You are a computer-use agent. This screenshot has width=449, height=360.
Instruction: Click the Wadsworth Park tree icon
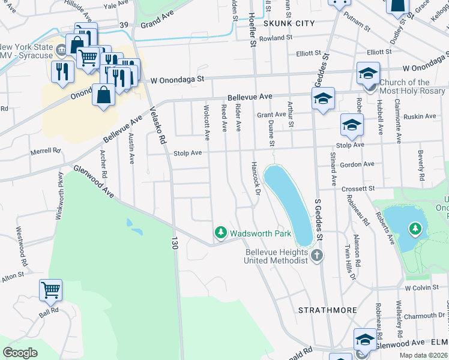click(x=221, y=233)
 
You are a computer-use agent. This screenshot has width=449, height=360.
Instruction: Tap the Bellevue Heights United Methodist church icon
click(x=317, y=257)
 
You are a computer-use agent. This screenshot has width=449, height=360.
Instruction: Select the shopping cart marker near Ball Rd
click(x=51, y=290)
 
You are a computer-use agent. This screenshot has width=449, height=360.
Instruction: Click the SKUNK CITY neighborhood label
click(x=289, y=23)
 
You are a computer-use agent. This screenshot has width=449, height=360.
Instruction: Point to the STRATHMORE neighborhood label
click(x=328, y=310)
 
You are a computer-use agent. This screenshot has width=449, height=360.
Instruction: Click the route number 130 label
click(x=175, y=243)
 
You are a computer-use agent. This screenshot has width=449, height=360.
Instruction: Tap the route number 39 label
click(x=124, y=25)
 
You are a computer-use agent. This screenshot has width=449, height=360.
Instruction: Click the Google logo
click(x=20, y=353)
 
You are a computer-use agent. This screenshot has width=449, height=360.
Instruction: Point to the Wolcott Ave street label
click(x=206, y=123)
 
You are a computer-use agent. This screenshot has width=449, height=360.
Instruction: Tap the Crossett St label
click(x=358, y=188)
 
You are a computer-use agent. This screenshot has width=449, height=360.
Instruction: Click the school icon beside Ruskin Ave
click(x=352, y=125)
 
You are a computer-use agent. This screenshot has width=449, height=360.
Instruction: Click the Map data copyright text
click(x=423, y=355)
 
